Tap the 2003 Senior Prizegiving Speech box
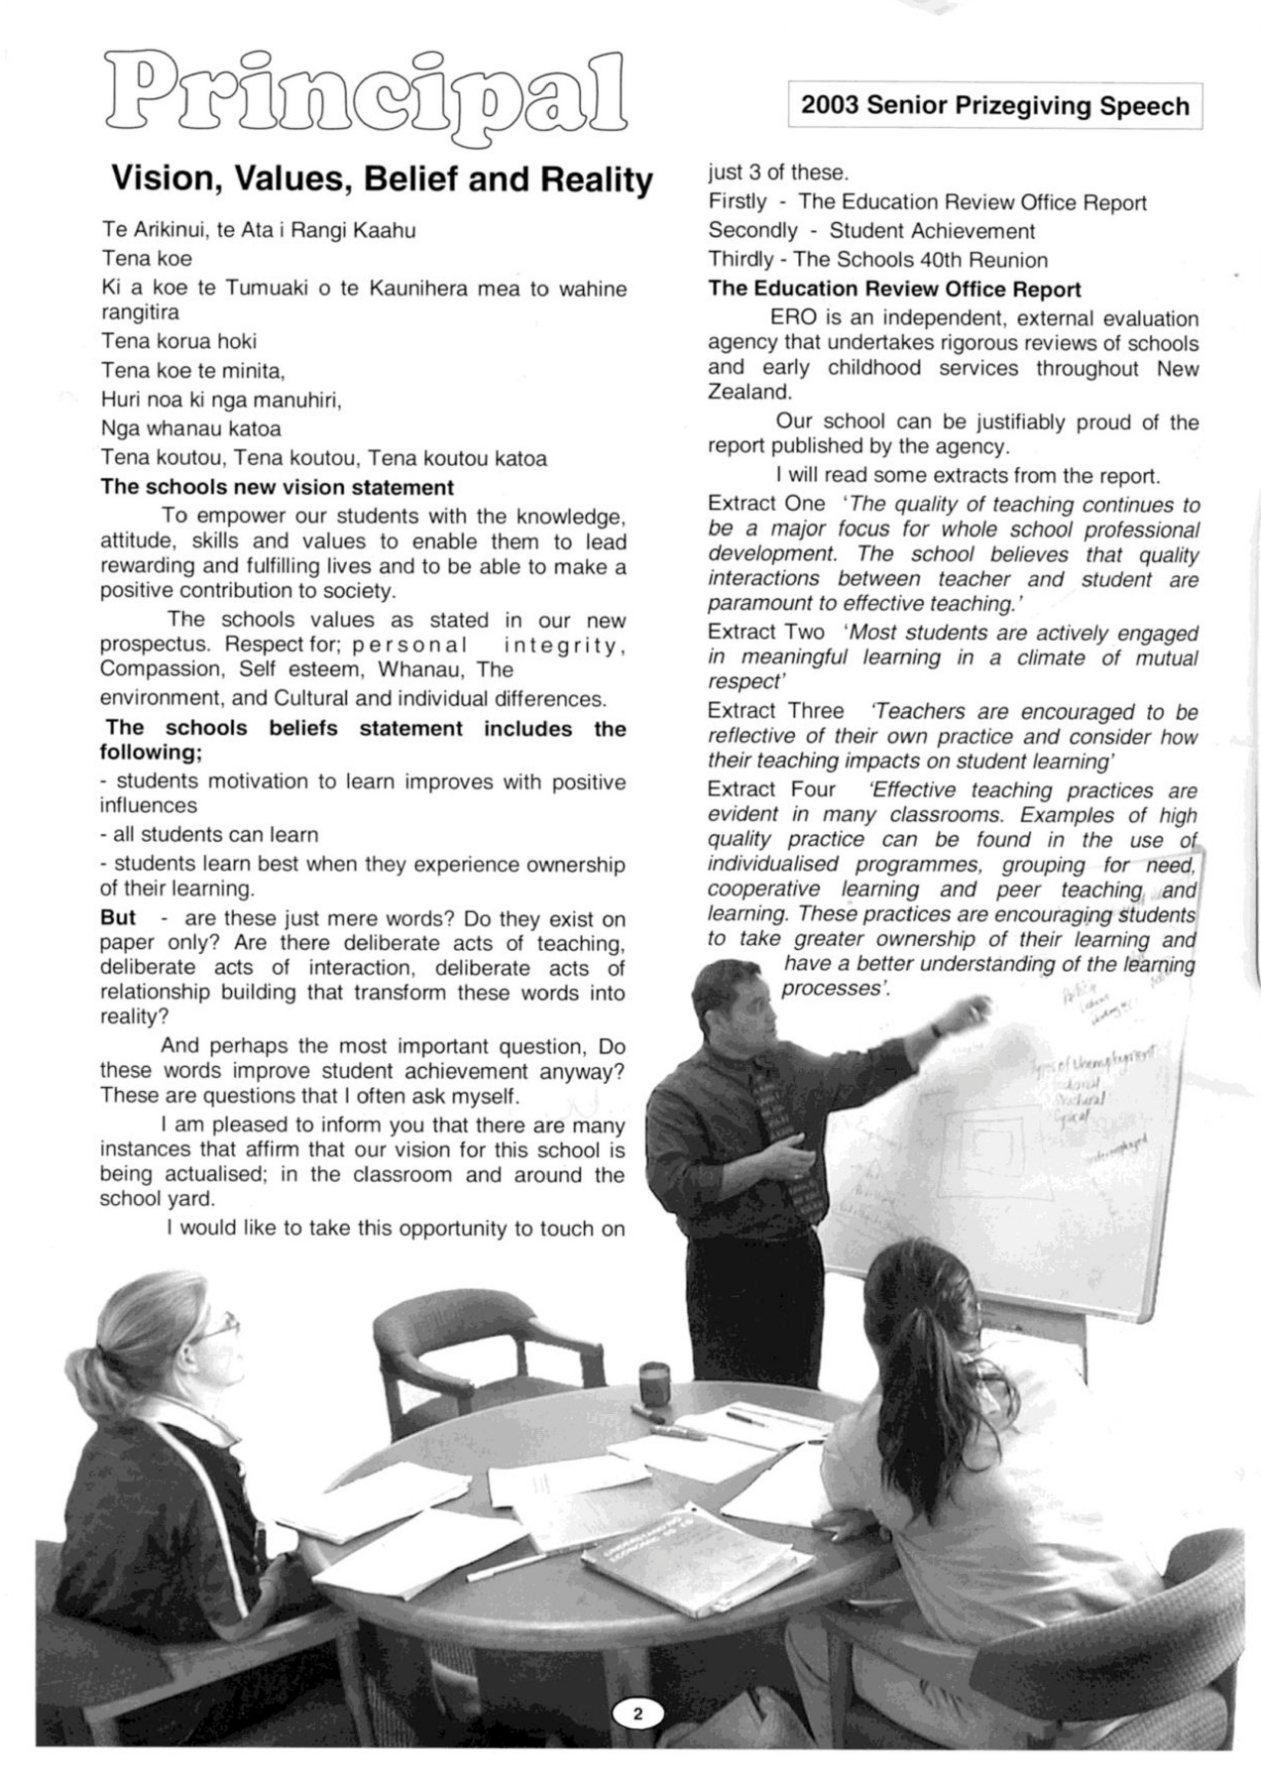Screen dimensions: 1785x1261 coord(994,106)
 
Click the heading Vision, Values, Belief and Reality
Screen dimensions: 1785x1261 coord(382,179)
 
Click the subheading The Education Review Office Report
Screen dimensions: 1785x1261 coord(894,289)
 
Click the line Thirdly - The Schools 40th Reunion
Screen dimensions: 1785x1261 coord(877,260)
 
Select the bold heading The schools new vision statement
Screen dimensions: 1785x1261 coord(278,487)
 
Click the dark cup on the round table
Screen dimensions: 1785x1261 coord(653,1378)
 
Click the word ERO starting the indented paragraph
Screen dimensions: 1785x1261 coord(792,318)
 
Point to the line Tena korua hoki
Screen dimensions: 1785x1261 coord(178,341)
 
